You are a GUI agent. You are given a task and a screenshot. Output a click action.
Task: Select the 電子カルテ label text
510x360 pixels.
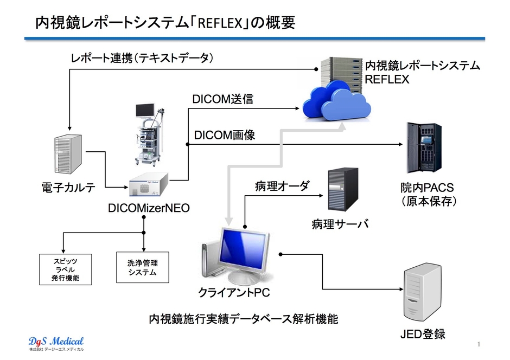68,188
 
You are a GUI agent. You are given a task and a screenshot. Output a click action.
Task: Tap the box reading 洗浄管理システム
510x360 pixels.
143,267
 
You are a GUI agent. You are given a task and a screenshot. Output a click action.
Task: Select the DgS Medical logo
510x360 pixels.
56,343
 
